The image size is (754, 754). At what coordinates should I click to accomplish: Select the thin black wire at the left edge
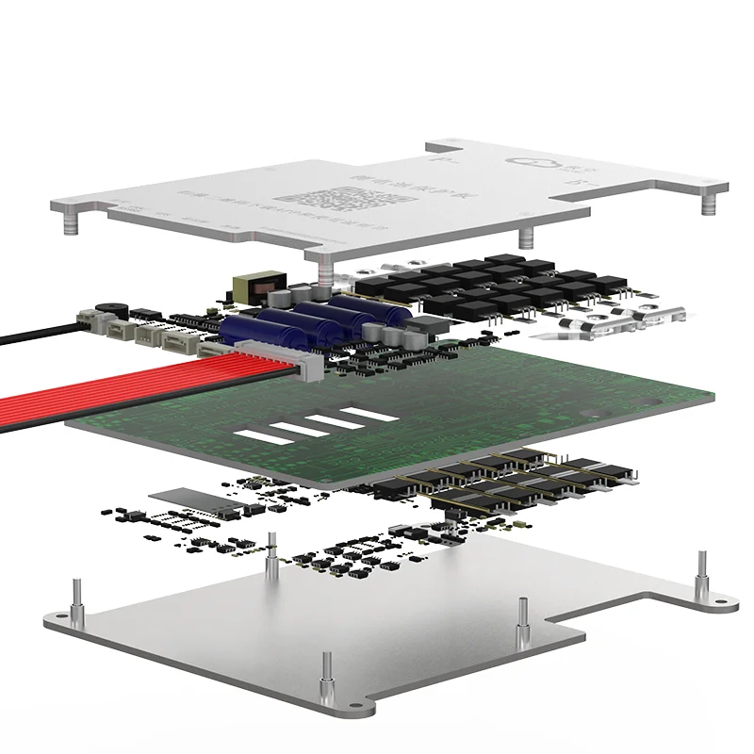coord(38,329)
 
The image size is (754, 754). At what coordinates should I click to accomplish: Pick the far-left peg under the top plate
coord(69,225)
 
